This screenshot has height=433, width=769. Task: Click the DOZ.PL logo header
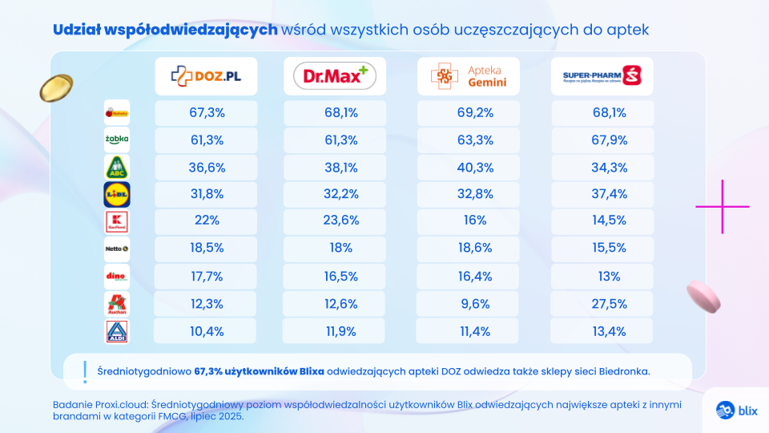(206, 76)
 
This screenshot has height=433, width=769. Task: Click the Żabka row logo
(117, 140)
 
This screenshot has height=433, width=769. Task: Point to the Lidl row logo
(117, 194)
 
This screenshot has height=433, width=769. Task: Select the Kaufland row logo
(117, 221)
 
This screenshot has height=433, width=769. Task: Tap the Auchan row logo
(117, 304)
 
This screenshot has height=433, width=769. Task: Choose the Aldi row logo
(117, 331)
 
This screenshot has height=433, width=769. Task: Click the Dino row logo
(117, 276)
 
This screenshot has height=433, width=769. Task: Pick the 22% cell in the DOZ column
(207, 221)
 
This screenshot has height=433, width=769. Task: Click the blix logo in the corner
(736, 409)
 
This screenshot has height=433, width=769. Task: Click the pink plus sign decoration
(723, 206)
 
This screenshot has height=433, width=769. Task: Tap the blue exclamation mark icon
(84, 370)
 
